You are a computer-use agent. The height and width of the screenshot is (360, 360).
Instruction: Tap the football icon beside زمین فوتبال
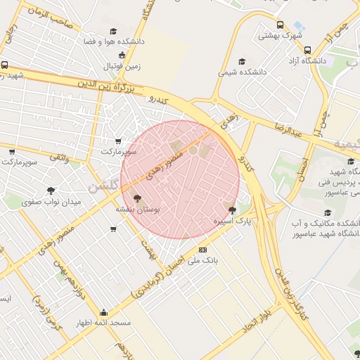pyautogui.click(x=122, y=55)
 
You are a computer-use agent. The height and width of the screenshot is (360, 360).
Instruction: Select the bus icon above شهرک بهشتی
pyautogui.click(x=280, y=25)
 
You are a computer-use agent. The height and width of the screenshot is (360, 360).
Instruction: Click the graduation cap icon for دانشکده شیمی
pyautogui.click(x=243, y=61)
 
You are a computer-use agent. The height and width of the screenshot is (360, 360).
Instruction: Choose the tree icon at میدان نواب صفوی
pyautogui.click(x=51, y=191)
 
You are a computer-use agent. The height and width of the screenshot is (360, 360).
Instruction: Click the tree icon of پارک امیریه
pyautogui.click(x=233, y=210)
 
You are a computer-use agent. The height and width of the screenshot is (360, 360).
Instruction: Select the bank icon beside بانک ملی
pyautogui.click(x=203, y=250)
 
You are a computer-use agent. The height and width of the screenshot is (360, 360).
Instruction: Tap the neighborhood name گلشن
pyautogui.click(x=103, y=186)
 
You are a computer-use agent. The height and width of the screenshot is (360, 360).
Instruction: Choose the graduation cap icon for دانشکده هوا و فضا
pyautogui.click(x=114, y=31)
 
